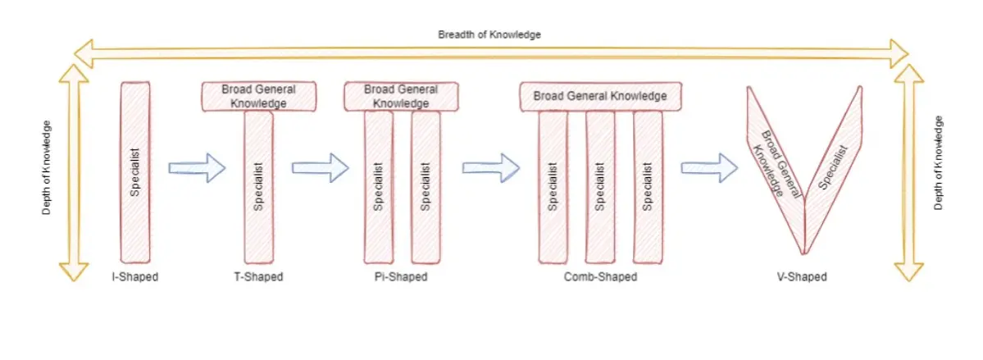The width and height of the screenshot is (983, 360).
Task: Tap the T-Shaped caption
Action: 253,276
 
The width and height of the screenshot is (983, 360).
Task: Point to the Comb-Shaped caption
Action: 600,276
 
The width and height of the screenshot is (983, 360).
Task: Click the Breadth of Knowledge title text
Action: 489,35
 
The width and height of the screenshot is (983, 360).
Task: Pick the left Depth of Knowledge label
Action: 47,167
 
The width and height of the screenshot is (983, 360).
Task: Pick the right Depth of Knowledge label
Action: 939,163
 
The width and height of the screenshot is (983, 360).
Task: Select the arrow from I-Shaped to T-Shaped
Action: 197,167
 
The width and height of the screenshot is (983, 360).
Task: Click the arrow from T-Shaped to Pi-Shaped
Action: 321,167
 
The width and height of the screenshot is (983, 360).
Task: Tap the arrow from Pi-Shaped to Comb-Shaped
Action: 492,167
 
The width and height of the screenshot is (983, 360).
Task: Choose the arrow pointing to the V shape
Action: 710,167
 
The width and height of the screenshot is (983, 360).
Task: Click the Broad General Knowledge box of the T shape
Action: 259,97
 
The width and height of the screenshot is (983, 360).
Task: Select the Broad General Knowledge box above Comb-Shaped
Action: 600,97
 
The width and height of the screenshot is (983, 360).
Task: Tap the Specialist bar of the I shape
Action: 134,172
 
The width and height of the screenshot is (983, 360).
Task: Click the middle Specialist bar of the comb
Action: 600,187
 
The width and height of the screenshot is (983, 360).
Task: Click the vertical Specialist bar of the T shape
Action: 259,187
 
